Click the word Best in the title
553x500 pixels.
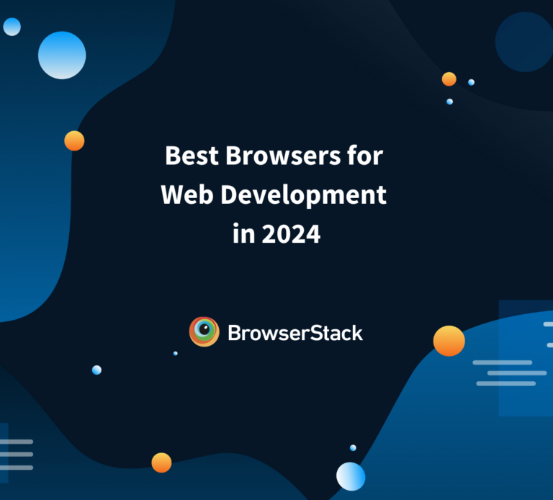pyautogui.click(x=186, y=156)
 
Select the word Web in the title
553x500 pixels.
pyautogui.click(x=183, y=195)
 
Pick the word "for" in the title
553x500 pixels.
pyautogui.click(x=367, y=156)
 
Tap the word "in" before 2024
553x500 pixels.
pyautogui.click(x=243, y=234)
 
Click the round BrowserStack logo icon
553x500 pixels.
pyautogui.click(x=204, y=332)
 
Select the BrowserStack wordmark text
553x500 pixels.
pyautogui.click(x=295, y=333)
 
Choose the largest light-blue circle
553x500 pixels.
pyautogui.click(x=62, y=55)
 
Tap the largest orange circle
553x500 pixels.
pyautogui.click(x=449, y=341)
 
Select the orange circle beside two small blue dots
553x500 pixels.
pyautogui.click(x=449, y=79)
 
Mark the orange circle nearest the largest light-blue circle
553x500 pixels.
pyautogui.click(x=74, y=140)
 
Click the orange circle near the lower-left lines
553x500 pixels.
pyautogui.click(x=161, y=463)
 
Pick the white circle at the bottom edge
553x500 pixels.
pyautogui.click(x=351, y=476)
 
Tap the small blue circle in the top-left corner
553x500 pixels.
pyautogui.click(x=12, y=27)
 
